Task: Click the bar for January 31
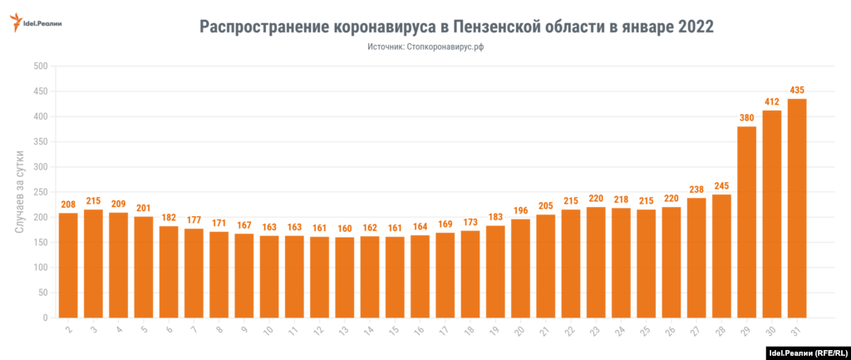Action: (797, 208)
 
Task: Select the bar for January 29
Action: (746, 222)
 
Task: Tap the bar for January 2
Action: (68, 265)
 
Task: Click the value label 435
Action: (797, 90)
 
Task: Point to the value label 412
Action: (772, 101)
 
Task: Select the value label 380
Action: (746, 117)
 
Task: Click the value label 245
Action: (721, 185)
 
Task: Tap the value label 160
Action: (345, 228)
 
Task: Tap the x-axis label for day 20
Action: (519, 331)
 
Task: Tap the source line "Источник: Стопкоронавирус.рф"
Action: (425, 47)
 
